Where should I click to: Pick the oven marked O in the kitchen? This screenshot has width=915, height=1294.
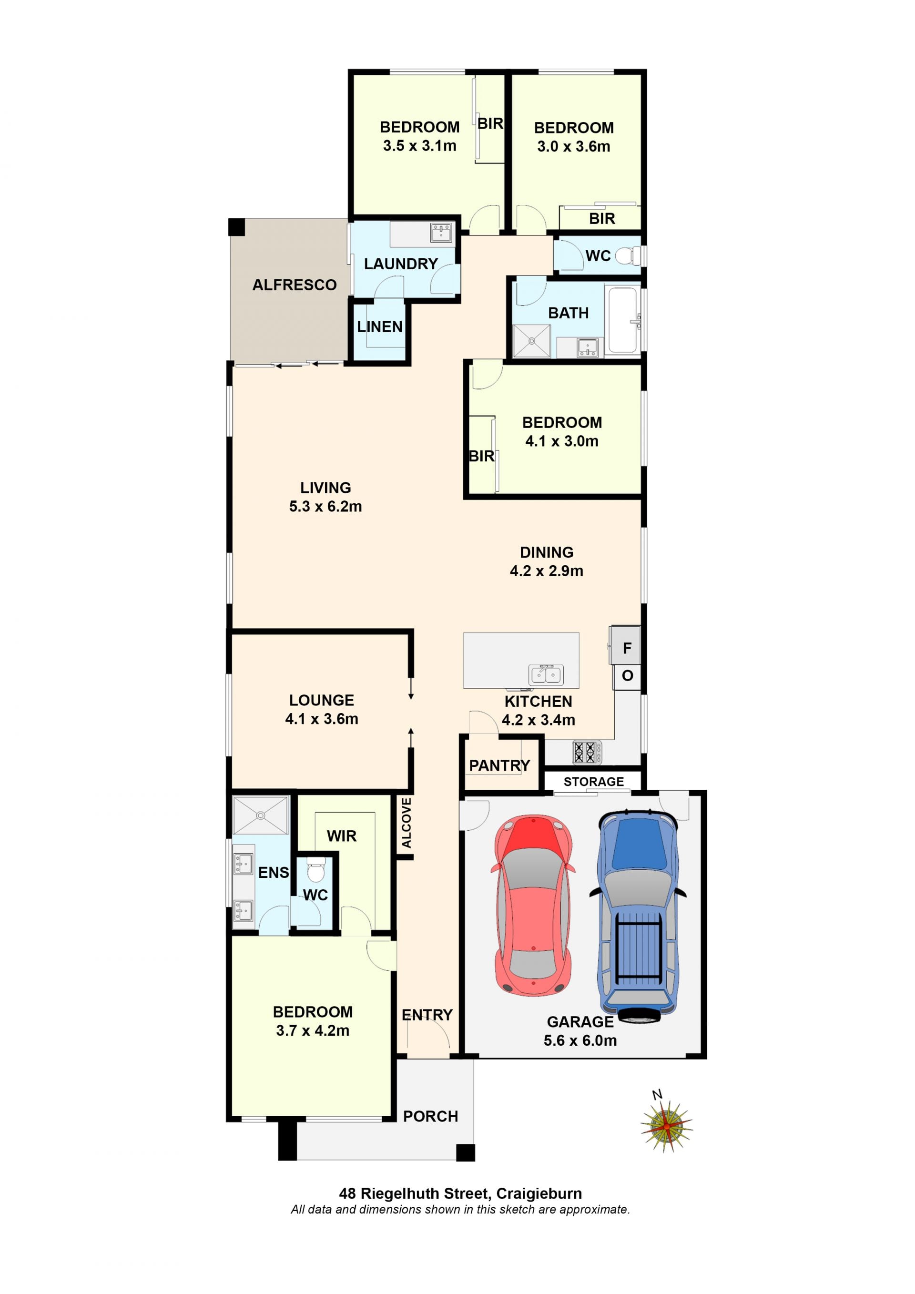(627, 675)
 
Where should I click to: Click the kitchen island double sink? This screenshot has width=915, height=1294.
(546, 674)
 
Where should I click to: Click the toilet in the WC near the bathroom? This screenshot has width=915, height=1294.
(628, 256)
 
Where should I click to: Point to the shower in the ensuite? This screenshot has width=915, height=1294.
(260, 815)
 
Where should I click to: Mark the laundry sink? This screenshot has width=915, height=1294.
(441, 232)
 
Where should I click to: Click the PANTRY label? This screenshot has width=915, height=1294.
(500, 765)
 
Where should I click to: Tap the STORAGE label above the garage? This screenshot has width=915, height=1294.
(594, 782)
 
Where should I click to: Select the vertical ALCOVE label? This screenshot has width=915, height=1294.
(406, 823)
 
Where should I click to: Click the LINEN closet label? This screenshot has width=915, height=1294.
(380, 327)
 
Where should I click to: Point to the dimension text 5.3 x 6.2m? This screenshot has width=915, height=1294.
(325, 506)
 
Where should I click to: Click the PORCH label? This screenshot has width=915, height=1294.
(430, 1117)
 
